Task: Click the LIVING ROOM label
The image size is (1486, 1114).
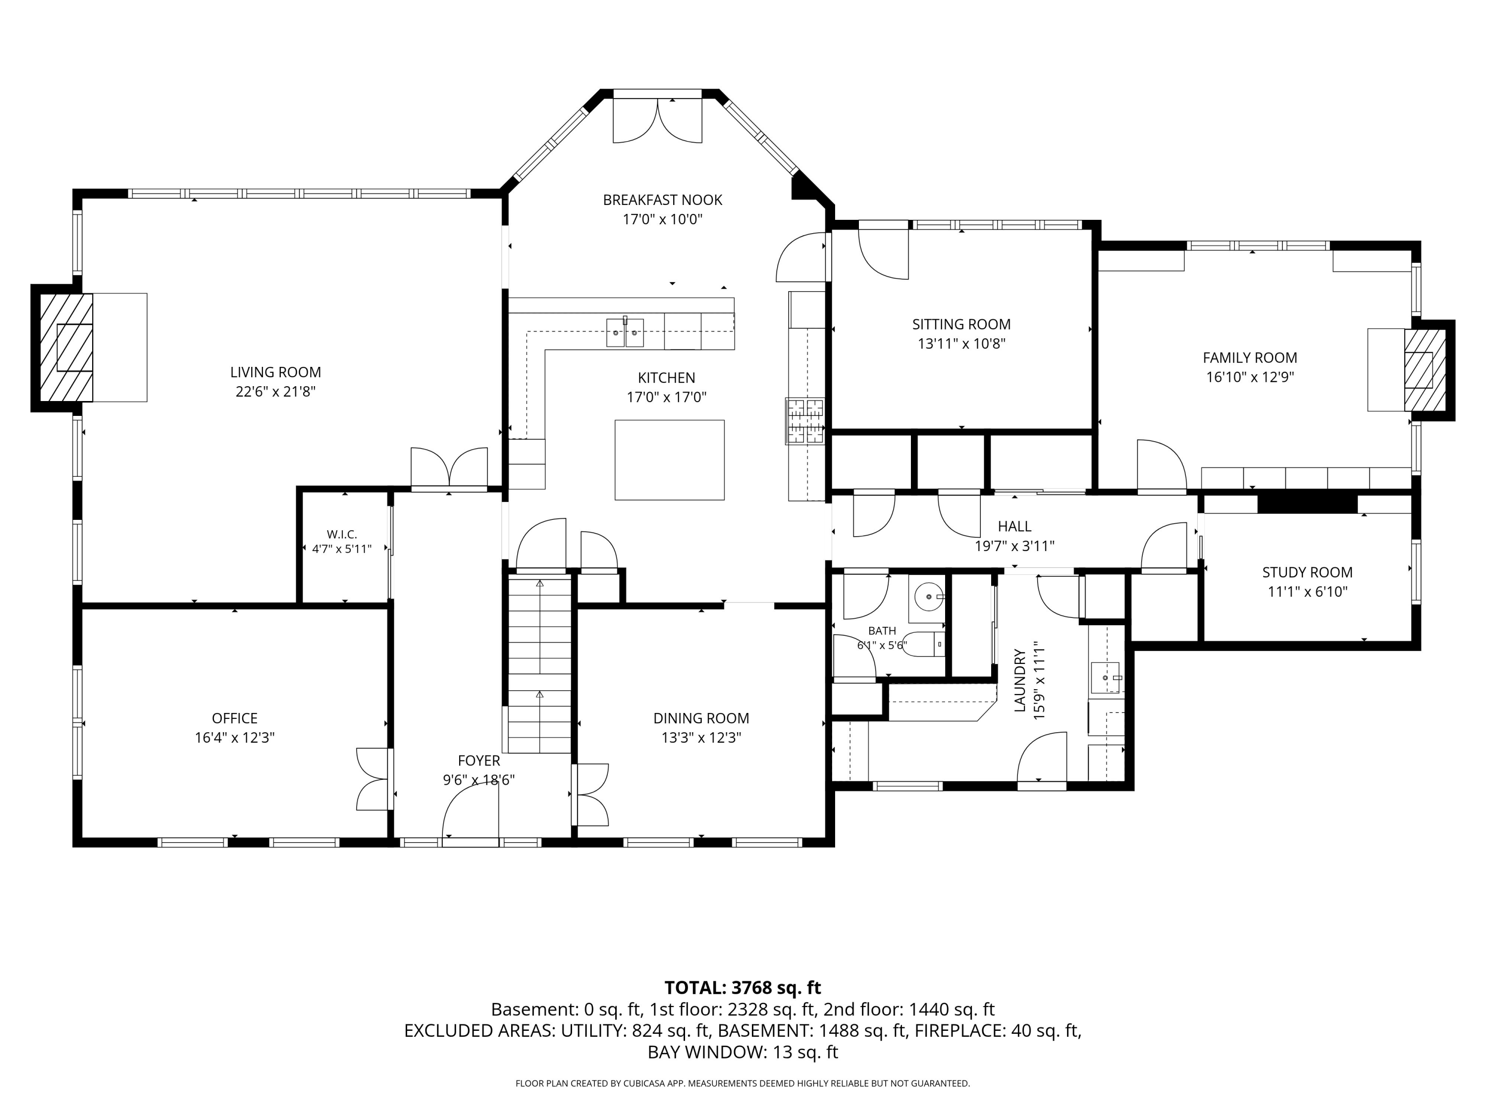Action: coord(275,372)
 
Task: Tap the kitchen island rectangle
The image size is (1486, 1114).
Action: coord(669,460)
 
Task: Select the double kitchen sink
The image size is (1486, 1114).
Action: coord(625,332)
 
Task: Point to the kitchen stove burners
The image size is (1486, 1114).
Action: coord(805,421)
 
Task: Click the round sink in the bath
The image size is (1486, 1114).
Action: coord(928,596)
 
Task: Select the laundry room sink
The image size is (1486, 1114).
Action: coord(1106,678)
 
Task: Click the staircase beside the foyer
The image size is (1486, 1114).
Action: coord(539,663)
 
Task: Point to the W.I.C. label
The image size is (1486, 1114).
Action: coord(342,535)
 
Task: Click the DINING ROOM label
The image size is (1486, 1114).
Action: coord(701,718)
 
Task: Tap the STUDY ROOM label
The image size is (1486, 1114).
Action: coord(1307,573)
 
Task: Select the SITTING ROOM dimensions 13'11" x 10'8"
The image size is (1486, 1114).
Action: coord(961,344)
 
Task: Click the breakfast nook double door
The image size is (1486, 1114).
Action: coord(658,120)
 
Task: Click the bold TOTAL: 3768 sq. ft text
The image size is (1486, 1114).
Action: coord(743,988)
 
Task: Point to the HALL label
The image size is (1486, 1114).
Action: coord(1014,526)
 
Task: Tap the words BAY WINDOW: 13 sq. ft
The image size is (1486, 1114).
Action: coord(743,1052)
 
